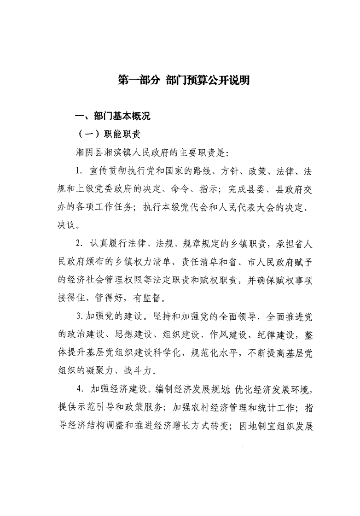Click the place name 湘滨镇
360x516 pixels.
107,152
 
